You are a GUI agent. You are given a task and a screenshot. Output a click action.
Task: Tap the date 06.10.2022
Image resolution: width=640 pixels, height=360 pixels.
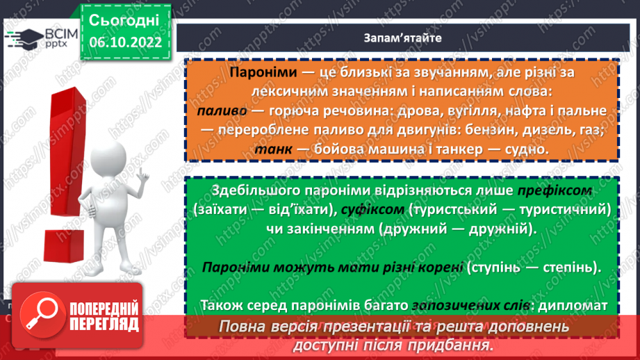pos(125,42)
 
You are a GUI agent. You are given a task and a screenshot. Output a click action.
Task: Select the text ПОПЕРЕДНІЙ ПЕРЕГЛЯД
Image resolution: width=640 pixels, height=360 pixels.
pos(103,316)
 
